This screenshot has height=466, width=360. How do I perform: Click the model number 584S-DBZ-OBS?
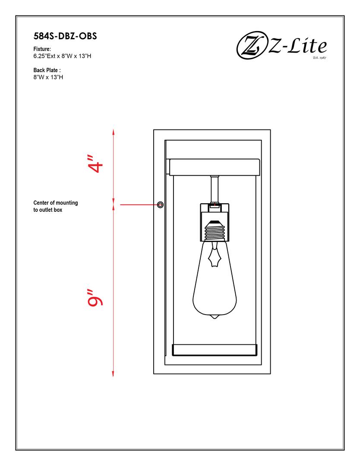click(65, 36)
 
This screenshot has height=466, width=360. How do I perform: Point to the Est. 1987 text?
click(319, 57)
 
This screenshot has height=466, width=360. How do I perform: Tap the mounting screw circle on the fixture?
click(161, 204)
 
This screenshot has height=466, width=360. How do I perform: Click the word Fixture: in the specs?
click(42, 49)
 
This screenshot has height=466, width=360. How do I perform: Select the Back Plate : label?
click(47, 70)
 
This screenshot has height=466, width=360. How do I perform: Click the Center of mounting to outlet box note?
click(56, 206)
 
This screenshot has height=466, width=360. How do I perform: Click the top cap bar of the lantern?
click(215, 167)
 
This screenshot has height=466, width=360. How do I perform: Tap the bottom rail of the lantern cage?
click(215, 350)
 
